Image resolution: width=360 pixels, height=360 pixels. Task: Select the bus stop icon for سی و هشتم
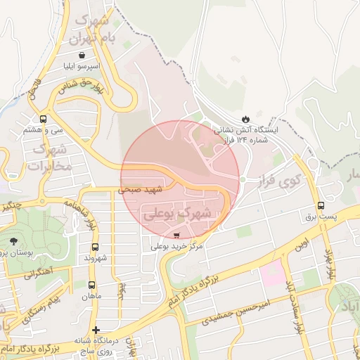point(44,118)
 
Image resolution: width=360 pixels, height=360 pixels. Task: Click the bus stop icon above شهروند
point(96,247)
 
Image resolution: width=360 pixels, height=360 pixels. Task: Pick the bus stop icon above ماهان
point(91,285)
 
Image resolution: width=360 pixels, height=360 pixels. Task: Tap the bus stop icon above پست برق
point(321,205)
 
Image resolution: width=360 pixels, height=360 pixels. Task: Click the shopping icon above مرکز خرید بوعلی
point(176,235)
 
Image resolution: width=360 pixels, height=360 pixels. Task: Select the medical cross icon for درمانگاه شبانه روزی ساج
point(96,329)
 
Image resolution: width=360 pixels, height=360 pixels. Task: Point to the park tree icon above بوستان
point(13,240)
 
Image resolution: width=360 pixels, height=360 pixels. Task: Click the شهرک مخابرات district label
point(49,159)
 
